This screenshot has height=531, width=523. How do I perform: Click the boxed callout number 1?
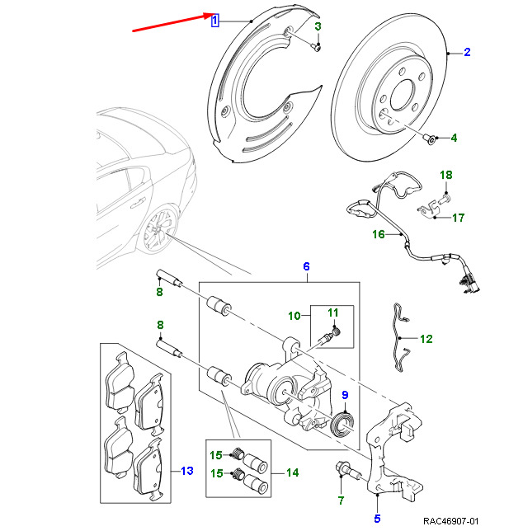214,21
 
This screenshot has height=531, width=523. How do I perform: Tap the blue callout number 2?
467,53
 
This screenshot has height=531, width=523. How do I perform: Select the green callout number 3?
318,27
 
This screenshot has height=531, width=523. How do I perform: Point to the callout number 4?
453,138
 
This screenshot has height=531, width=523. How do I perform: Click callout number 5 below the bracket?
377,519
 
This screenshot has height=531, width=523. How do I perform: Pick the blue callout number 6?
306,266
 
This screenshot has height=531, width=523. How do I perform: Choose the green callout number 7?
340,500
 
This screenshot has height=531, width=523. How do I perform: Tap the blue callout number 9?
346,394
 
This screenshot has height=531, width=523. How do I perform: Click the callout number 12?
426,339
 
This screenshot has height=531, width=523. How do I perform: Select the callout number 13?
186,471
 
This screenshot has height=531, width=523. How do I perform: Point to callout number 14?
292,472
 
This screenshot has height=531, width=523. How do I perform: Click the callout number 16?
378,234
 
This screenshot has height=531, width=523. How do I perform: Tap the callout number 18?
445,175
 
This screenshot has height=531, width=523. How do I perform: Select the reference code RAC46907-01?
467,521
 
